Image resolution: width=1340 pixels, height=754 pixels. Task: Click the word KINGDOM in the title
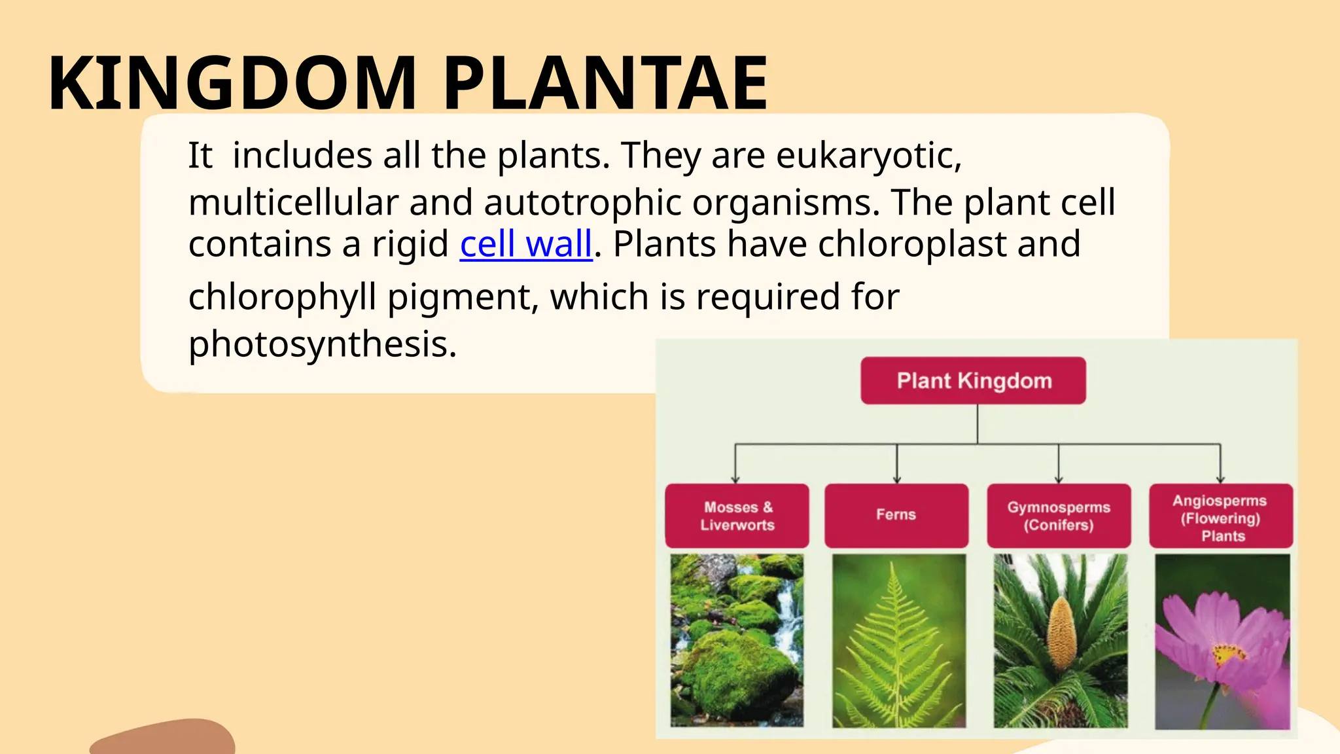tap(232, 84)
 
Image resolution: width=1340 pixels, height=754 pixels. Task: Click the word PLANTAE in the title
tap(605, 84)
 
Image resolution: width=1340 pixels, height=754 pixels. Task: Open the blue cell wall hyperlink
tap(525, 244)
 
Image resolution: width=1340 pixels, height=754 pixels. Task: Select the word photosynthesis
tap(322, 344)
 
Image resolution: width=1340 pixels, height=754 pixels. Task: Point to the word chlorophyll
tap(282, 297)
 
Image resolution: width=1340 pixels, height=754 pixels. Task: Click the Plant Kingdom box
tap(973, 380)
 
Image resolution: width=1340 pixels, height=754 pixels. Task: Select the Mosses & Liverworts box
tap(737, 516)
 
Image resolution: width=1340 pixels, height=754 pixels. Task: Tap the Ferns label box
tap(896, 515)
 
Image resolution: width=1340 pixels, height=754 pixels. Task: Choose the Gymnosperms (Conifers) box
tap(1058, 516)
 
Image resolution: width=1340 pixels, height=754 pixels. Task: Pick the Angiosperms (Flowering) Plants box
tap(1220, 517)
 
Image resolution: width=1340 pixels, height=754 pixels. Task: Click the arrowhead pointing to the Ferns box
tap(897, 479)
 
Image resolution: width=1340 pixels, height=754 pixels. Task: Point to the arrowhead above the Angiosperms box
tap(1220, 479)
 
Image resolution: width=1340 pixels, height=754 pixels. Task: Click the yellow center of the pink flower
tap(1228, 653)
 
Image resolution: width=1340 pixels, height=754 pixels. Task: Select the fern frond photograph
tap(898, 640)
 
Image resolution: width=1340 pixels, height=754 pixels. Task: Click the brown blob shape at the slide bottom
tap(164, 738)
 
